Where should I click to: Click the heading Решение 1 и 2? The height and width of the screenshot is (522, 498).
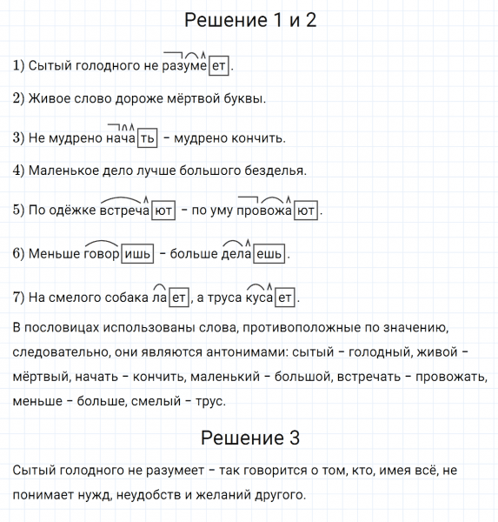click(x=250, y=20)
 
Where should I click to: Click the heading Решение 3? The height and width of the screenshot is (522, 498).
click(x=250, y=438)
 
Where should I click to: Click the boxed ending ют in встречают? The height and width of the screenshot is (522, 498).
click(x=163, y=211)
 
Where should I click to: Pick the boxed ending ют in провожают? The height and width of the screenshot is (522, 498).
click(x=305, y=211)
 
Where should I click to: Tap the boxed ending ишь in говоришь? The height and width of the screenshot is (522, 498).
click(x=137, y=254)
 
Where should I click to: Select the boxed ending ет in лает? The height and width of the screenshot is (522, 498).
click(x=178, y=298)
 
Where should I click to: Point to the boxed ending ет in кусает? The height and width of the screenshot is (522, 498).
click(x=285, y=298)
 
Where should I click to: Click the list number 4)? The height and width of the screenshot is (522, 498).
click(x=19, y=171)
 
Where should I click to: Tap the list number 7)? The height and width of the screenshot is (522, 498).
click(x=19, y=298)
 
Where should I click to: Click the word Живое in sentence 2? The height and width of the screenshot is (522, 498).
click(x=47, y=98)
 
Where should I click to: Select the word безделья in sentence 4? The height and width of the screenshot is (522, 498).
click(x=276, y=171)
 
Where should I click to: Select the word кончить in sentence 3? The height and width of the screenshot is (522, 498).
click(x=257, y=138)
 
